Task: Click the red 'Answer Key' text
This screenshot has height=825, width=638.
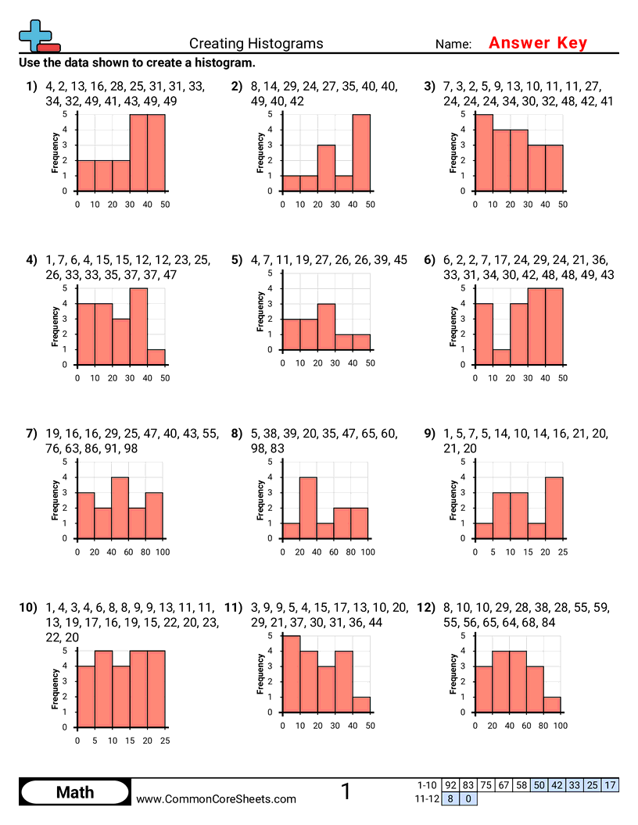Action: [x=537, y=43]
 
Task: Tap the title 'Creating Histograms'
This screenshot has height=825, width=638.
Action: [x=256, y=44]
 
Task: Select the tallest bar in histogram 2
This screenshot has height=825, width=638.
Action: [x=361, y=152]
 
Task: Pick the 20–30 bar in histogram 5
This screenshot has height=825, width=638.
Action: [x=326, y=327]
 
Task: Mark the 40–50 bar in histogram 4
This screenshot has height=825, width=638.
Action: [x=156, y=357]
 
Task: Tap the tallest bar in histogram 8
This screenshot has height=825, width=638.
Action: [x=309, y=508]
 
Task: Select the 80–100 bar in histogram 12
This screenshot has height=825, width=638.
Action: [x=552, y=705]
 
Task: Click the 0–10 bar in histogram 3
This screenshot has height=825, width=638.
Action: [x=483, y=152]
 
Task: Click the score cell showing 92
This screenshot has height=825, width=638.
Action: [x=450, y=785]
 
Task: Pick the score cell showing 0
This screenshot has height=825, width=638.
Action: [x=468, y=799]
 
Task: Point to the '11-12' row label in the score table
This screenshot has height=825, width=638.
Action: [x=426, y=799]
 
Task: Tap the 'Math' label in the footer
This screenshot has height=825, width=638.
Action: [x=74, y=792]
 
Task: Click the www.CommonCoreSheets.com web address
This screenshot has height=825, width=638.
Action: [x=217, y=798]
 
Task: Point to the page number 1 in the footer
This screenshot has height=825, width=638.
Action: [x=346, y=791]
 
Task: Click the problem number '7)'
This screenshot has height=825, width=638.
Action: [x=31, y=434]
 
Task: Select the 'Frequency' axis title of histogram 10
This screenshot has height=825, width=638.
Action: [x=55, y=688]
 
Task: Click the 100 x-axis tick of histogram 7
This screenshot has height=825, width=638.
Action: [x=163, y=552]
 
